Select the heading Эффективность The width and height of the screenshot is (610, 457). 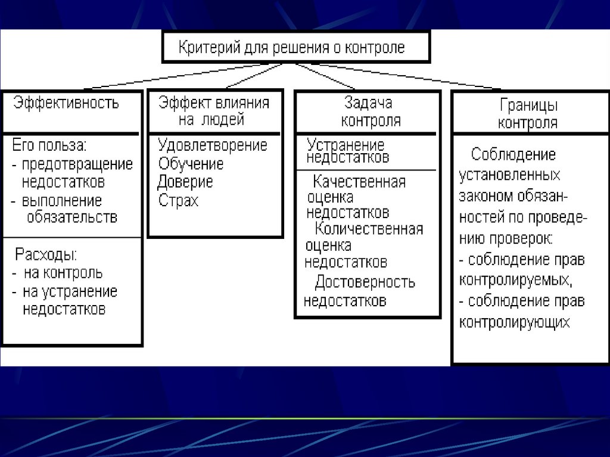click(x=67, y=102)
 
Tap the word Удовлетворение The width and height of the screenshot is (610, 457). click(x=213, y=145)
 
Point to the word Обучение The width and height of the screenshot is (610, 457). click(x=191, y=164)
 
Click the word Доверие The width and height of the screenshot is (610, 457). click(x=185, y=182)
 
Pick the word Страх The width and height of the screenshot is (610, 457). click(x=178, y=200)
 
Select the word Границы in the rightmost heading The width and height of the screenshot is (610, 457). click(x=528, y=107)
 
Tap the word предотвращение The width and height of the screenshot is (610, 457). click(x=77, y=164)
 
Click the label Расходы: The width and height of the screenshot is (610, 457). click(x=46, y=255)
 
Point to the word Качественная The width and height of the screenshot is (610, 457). click(x=359, y=182)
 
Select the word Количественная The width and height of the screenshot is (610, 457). click(x=369, y=229)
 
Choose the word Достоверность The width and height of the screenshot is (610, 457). click(x=365, y=282)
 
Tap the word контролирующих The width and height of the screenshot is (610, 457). click(x=515, y=322)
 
